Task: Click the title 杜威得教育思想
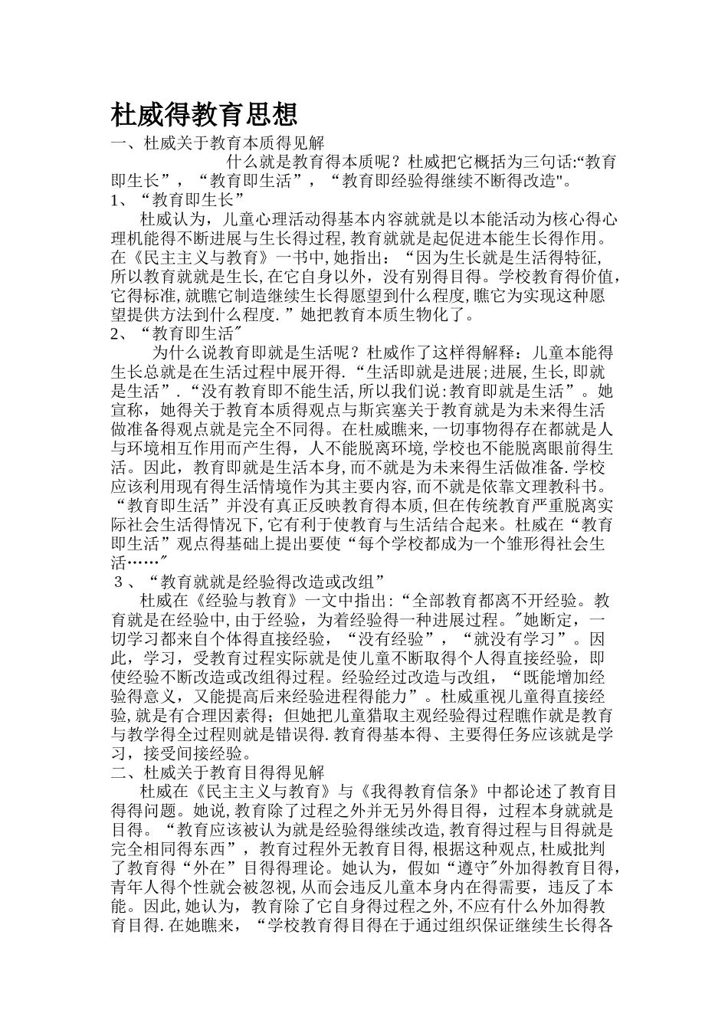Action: tap(204, 115)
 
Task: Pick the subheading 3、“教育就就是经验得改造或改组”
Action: tap(248, 579)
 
